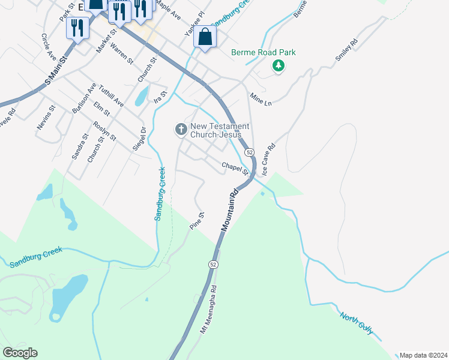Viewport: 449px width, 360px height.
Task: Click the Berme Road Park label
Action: pyautogui.click(x=264, y=52)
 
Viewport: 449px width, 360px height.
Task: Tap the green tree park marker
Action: pyautogui.click(x=278, y=65)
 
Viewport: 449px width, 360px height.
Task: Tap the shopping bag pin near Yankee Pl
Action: pyautogui.click(x=205, y=38)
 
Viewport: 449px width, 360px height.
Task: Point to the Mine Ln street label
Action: pyautogui.click(x=261, y=99)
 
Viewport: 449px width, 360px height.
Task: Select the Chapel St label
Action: pyautogui.click(x=235, y=168)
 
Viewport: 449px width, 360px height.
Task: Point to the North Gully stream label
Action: pyautogui.click(x=357, y=323)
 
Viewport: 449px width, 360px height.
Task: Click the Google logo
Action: pyautogui.click(x=20, y=352)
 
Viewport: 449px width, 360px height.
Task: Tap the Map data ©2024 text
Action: pyautogui.click(x=423, y=355)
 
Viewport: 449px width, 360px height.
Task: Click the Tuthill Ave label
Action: pyautogui.click(x=111, y=95)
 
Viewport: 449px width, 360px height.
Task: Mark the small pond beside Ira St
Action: pyautogui.click(x=141, y=95)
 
